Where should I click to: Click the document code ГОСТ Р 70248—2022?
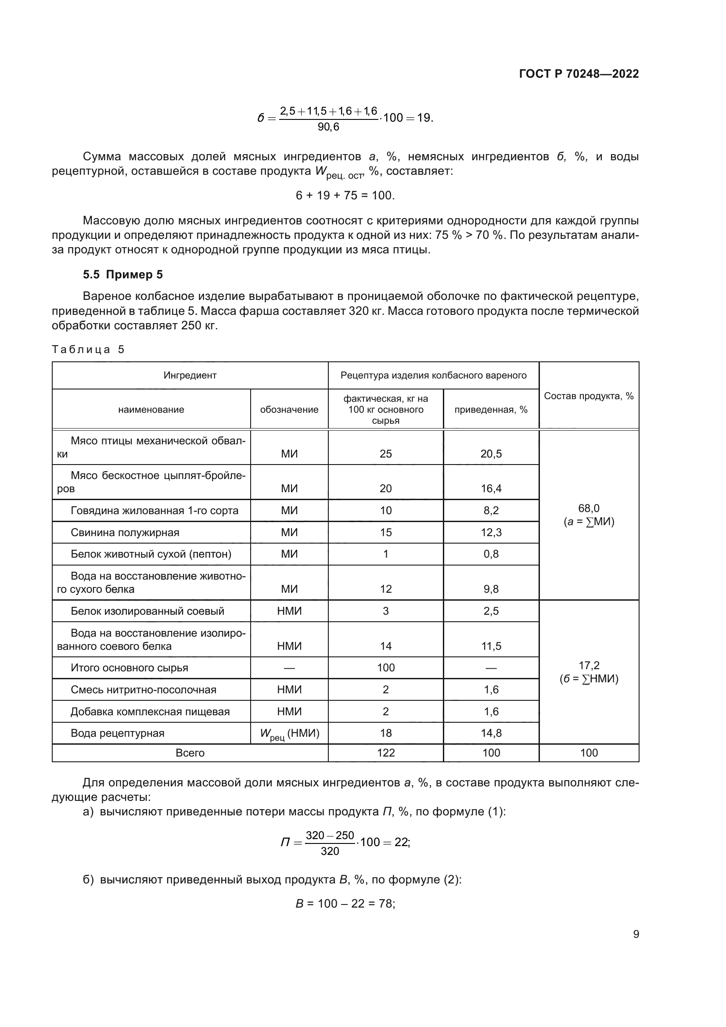tap(579, 74)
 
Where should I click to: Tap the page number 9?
tap(636, 934)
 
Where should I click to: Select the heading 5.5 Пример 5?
tap(123, 274)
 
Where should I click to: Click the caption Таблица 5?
tap(88, 350)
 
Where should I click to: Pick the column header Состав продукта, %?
tap(589, 396)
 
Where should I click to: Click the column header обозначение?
tap(289, 409)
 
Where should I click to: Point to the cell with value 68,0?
tap(589, 508)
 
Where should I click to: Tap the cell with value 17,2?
tap(589, 665)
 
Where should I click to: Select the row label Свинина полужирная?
tap(125, 532)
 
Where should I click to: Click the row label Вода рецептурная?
tap(118, 733)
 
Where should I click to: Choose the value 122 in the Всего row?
tap(386, 753)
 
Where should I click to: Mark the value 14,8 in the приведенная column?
tap(491, 733)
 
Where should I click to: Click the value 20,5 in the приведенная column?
tap(491, 454)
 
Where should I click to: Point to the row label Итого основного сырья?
tap(129, 668)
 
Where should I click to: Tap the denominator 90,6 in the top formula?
tap(329, 127)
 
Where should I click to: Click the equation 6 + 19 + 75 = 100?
tap(345, 195)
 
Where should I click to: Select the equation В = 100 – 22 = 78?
tap(345, 904)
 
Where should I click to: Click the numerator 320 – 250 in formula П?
tap(330, 835)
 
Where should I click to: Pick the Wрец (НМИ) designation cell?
tap(289, 734)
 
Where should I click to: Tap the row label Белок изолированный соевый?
tap(147, 611)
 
